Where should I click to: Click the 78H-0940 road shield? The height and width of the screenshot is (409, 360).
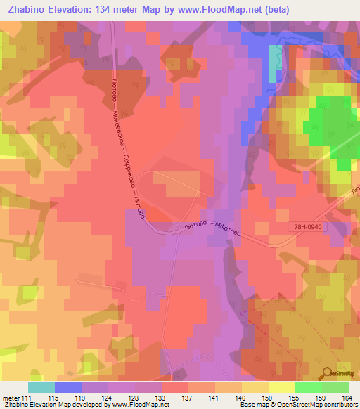point(308,227)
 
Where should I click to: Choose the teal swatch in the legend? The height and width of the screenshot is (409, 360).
point(41,387)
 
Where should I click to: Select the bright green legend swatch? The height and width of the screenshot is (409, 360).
point(309,387)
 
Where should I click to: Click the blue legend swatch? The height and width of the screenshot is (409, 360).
point(68,387)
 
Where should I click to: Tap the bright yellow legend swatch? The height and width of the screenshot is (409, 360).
point(282,387)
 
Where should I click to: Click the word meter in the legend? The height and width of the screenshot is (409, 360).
point(11,399)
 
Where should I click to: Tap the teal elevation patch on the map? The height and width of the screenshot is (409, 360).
point(273,65)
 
